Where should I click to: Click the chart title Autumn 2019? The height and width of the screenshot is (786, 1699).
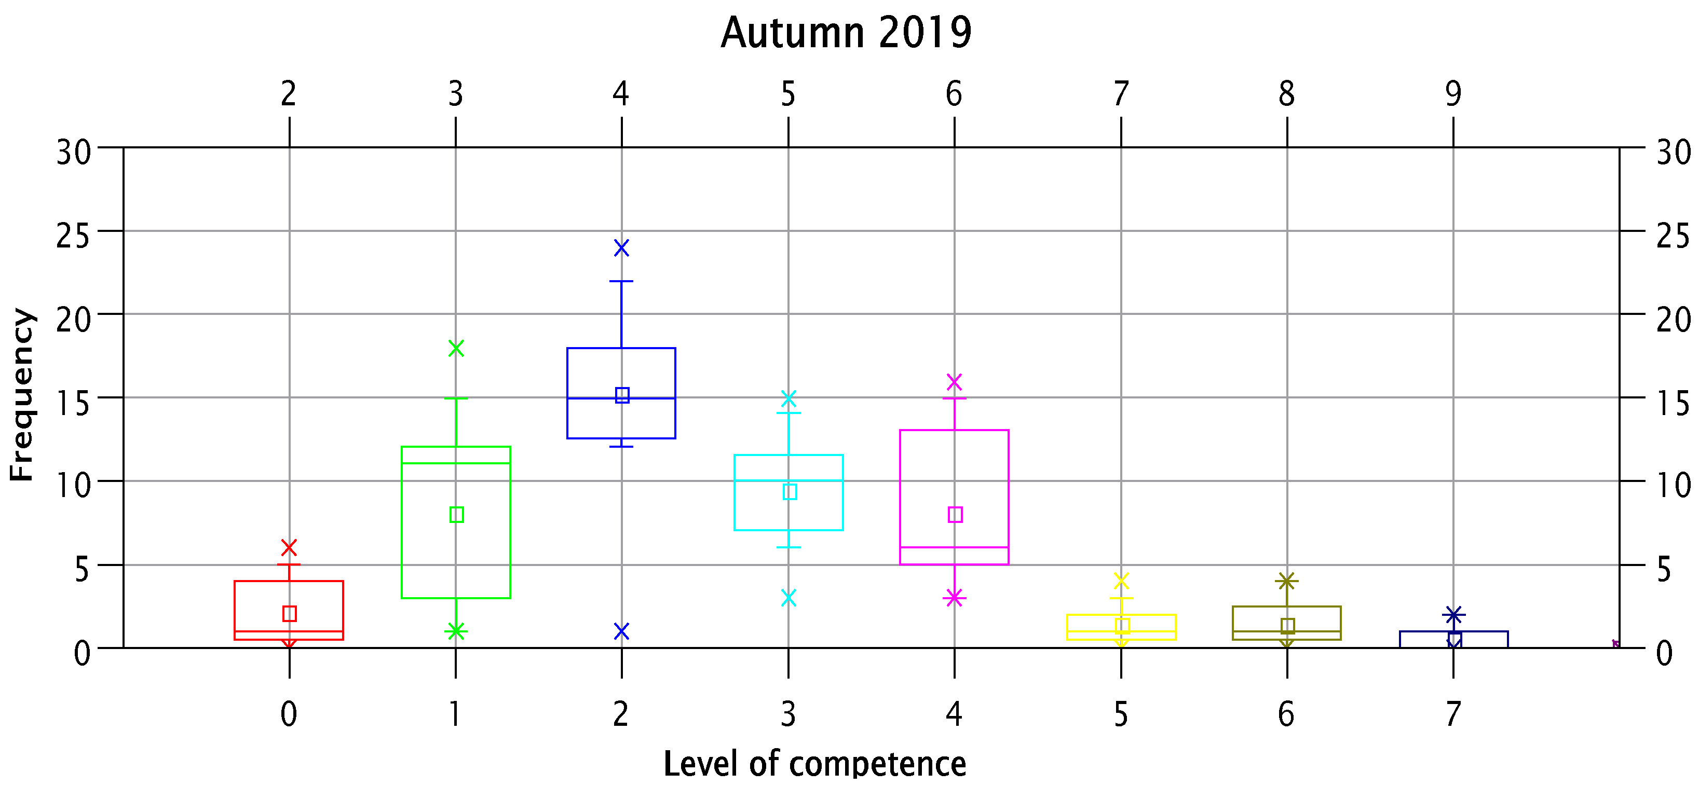[846, 33]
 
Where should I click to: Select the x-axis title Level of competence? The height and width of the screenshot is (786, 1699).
[814, 764]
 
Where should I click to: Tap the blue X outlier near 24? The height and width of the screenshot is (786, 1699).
[621, 248]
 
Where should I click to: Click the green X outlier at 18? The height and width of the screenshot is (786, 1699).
[456, 348]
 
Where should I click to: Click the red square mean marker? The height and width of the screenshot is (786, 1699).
[289, 614]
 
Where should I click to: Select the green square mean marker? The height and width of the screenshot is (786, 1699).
[456, 514]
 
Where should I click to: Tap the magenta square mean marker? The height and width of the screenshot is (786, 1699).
[955, 514]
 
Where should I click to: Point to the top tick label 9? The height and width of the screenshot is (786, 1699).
[1453, 94]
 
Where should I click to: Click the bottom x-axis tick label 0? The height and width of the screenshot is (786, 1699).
[289, 714]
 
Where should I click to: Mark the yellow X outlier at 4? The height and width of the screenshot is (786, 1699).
[1121, 581]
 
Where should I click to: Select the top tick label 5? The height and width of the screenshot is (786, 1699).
[788, 94]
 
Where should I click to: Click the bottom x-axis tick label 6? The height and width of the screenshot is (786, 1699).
[1286, 714]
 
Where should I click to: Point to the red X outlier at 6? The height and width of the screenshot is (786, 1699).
[289, 547]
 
